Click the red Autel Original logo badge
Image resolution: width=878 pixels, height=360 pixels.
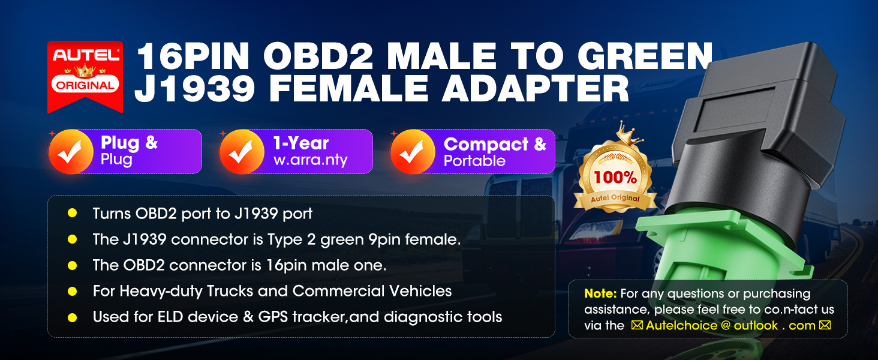click(85, 77)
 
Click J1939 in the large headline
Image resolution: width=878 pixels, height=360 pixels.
click(195, 89)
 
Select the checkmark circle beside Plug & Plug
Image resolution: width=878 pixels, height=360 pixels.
click(71, 152)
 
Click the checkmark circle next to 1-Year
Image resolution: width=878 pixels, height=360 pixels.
click(242, 152)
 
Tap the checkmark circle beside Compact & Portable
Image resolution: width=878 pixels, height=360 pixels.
click(413, 152)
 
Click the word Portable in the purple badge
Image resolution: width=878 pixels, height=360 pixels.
click(474, 161)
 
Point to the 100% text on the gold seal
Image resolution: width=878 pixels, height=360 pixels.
click(615, 178)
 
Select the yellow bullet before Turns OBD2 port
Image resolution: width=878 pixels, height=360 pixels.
click(72, 213)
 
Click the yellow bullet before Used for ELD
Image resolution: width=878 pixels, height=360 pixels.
click(72, 317)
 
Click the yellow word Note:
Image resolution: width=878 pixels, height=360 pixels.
click(600, 293)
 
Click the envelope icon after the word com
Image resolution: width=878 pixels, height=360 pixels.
click(825, 325)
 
